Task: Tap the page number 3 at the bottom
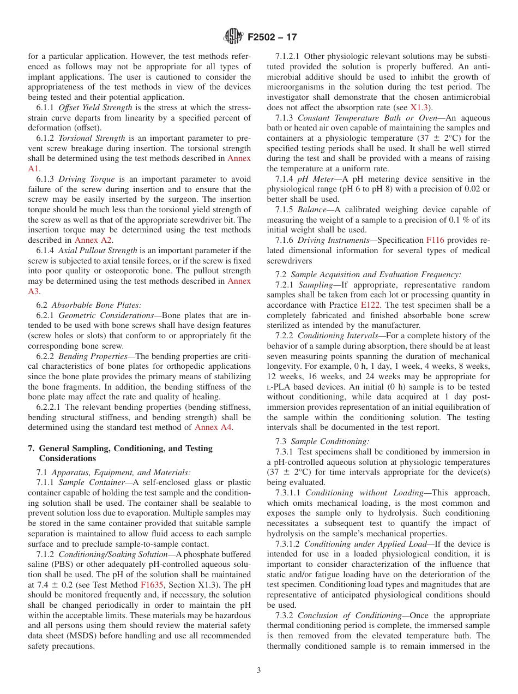point(258,671)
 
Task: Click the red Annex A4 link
point(213,427)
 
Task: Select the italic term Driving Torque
point(86,179)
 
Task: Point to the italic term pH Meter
point(313,179)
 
